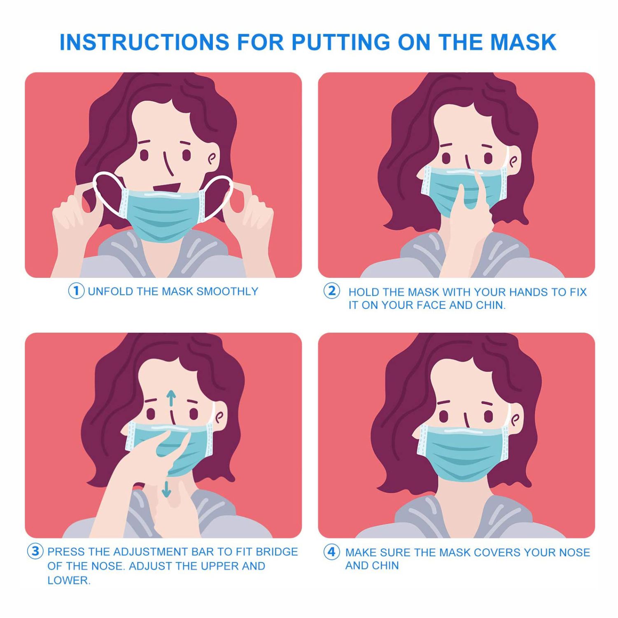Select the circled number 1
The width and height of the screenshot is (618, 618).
[76, 291]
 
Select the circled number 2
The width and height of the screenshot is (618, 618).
[331, 291]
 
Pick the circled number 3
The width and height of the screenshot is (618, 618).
[35, 551]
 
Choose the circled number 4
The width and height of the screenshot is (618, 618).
[331, 552]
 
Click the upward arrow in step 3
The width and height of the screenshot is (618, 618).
[171, 399]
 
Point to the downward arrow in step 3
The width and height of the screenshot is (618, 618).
[166, 488]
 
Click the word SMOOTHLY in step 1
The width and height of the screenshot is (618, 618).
[227, 292]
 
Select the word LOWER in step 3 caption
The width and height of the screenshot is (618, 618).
[68, 581]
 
